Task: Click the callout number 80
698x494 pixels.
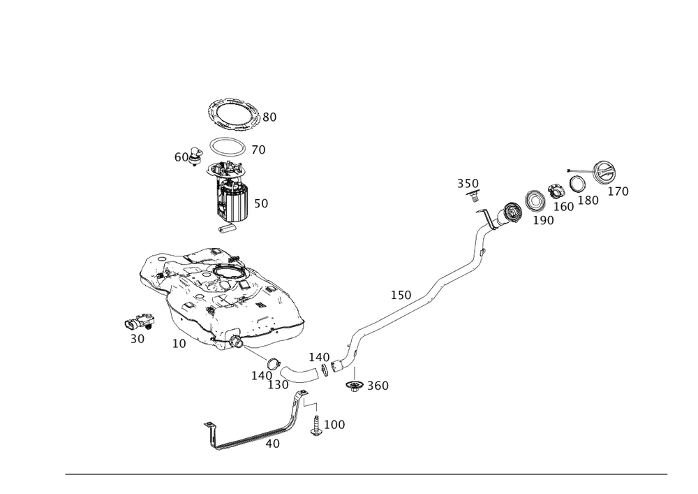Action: [269, 118]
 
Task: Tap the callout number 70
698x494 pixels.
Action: [258, 150]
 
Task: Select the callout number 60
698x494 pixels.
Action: [181, 158]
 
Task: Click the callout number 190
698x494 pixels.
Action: [543, 221]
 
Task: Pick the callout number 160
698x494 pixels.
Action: [563, 206]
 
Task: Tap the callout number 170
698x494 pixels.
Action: [618, 191]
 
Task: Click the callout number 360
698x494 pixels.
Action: [378, 386]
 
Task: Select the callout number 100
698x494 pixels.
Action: [336, 425]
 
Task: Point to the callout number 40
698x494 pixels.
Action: [274, 444]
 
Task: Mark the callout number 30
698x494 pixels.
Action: [137, 339]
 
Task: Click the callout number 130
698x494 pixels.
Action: [279, 385]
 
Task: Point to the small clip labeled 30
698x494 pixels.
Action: [139, 323]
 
